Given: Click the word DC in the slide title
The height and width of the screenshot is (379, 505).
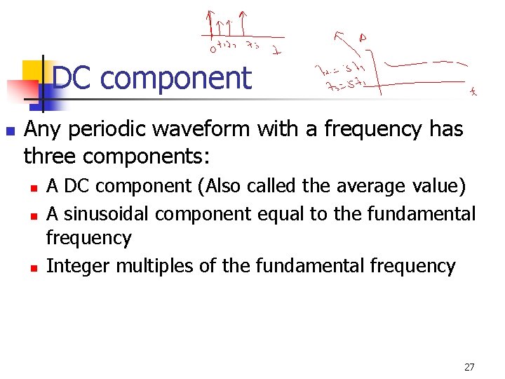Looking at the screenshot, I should pos(73,78).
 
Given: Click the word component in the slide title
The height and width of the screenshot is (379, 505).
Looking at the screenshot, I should pos(175,78).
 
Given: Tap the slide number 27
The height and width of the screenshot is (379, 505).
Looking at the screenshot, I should pos(469,366).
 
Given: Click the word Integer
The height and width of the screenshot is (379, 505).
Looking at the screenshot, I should pos(78,266).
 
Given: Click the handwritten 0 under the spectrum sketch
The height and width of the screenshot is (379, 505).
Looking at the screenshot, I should pos(211,48).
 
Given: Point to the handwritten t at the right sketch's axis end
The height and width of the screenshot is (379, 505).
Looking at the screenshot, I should pos(474,91).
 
